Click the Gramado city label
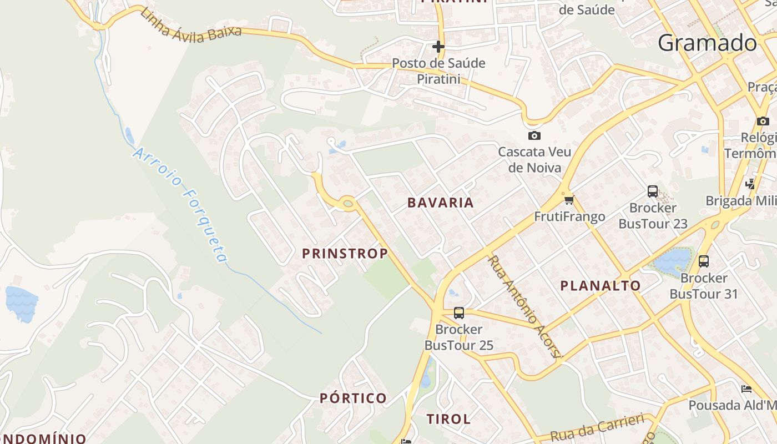(x=708, y=43)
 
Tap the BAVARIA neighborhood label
(x=441, y=203)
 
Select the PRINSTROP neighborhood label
(x=345, y=254)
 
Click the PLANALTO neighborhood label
(x=601, y=286)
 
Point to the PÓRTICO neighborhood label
(x=354, y=398)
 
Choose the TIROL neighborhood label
(x=448, y=418)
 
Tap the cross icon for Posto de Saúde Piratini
(x=438, y=47)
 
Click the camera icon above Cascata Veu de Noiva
(x=534, y=135)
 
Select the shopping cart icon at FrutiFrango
(x=568, y=200)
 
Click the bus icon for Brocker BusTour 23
(x=653, y=191)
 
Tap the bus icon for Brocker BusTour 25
(x=458, y=312)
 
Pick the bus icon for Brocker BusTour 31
(x=704, y=261)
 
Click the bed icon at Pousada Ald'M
(x=746, y=389)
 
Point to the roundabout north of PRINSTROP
(x=348, y=204)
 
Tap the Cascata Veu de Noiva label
(x=534, y=159)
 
